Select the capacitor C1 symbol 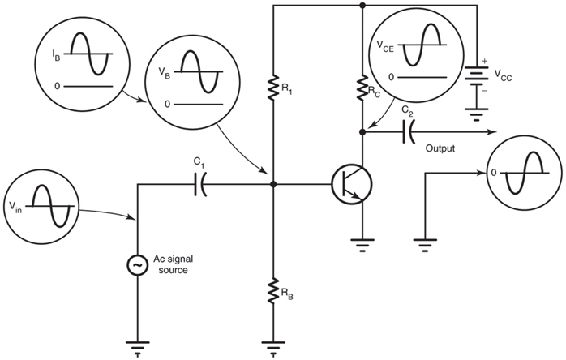[200, 186]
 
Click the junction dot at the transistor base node [274, 185]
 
